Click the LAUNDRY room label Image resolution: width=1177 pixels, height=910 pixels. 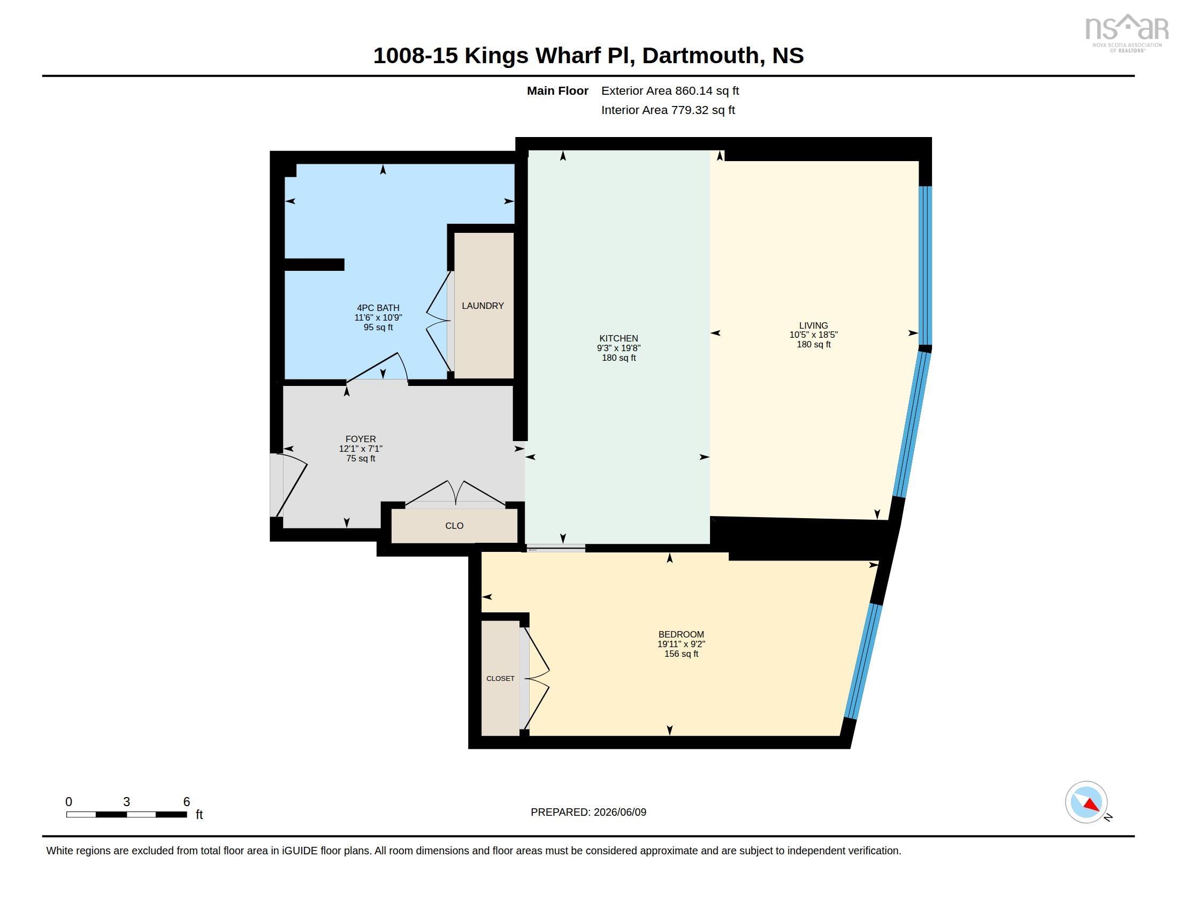[x=483, y=306]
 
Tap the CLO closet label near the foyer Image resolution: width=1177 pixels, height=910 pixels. [x=454, y=526]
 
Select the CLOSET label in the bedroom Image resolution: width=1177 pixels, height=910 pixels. [x=500, y=678]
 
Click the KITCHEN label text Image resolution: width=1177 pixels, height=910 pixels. [x=618, y=338]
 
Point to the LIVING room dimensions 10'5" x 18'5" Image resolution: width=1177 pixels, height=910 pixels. [x=813, y=335]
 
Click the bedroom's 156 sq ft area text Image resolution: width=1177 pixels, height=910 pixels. [x=681, y=654]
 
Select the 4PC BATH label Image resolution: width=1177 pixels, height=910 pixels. [x=378, y=308]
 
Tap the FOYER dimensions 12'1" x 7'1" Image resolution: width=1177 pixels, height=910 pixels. [x=361, y=449]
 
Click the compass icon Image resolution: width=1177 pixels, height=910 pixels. [x=1087, y=802]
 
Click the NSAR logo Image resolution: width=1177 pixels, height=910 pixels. [x=1126, y=32]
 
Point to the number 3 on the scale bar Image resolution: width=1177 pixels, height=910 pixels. [x=127, y=802]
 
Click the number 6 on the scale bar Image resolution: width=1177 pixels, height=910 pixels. [x=187, y=802]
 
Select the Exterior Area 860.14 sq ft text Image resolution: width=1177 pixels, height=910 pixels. [x=670, y=90]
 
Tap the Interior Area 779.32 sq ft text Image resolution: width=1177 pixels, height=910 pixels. [x=668, y=110]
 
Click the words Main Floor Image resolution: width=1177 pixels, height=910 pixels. [x=557, y=90]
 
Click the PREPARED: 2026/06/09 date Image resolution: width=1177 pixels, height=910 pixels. [x=588, y=812]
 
